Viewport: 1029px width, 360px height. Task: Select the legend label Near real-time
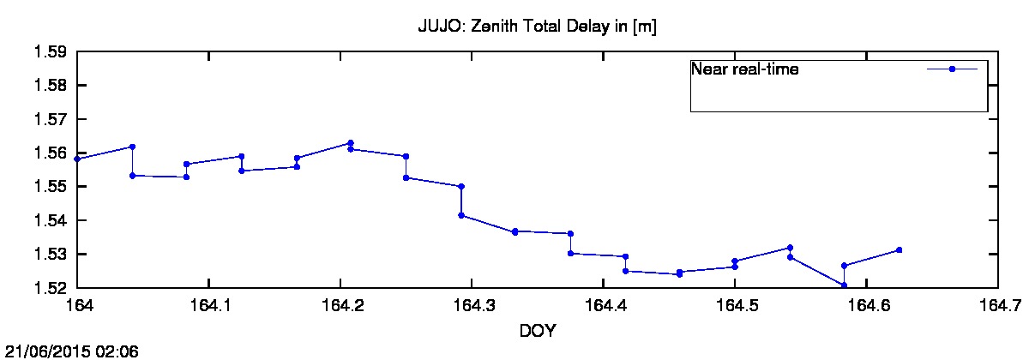click(745, 69)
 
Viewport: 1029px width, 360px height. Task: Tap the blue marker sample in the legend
click(952, 69)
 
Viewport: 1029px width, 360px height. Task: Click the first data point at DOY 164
click(78, 159)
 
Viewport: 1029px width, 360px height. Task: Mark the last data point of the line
click(899, 249)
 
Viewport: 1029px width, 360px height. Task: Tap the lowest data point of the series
click(844, 285)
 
